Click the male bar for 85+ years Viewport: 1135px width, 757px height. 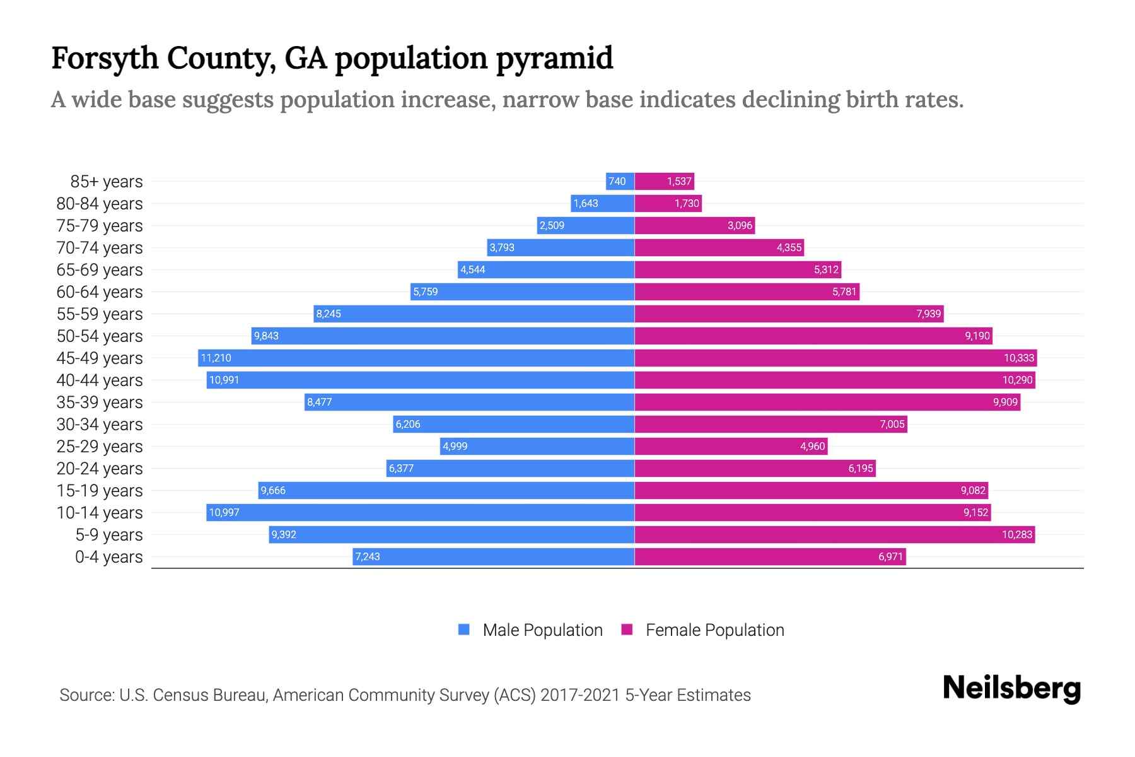[620, 182]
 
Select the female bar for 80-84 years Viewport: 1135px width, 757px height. [668, 204]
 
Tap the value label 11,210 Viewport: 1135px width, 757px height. [216, 358]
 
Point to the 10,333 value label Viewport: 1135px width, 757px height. [1019, 358]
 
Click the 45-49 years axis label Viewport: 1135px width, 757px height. [100, 358]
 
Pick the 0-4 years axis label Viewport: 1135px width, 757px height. [108, 557]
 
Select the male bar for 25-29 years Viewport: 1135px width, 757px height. [537, 447]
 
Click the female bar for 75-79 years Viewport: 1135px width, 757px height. [694, 226]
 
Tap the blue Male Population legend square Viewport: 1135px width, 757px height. [464, 630]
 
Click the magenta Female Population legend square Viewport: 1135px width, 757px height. [627, 630]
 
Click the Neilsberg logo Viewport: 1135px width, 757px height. [1011, 688]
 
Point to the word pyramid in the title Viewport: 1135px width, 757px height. [554, 59]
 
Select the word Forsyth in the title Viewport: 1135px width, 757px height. [105, 59]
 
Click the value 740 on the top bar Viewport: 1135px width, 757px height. [617, 182]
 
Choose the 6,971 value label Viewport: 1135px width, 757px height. [890, 557]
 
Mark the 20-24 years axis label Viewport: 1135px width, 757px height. [100, 469]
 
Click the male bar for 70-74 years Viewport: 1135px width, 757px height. [561, 248]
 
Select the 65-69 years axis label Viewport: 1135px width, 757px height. [100, 270]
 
